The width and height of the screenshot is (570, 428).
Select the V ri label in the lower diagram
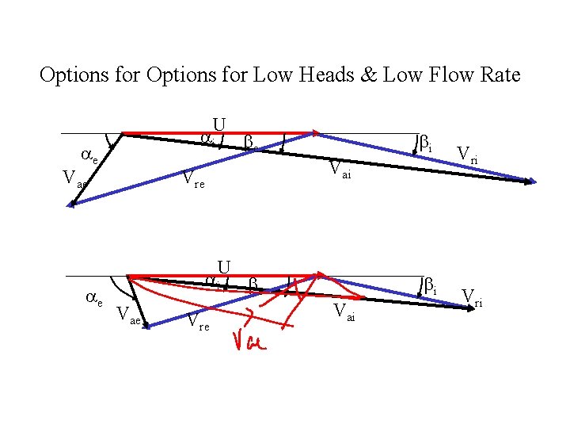[x=473, y=299]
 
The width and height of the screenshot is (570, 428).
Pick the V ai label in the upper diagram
[x=340, y=168]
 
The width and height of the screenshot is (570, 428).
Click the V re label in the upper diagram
[x=194, y=180]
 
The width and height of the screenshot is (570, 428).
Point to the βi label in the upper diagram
[x=425, y=144]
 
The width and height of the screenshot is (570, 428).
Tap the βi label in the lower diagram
[x=429, y=286]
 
